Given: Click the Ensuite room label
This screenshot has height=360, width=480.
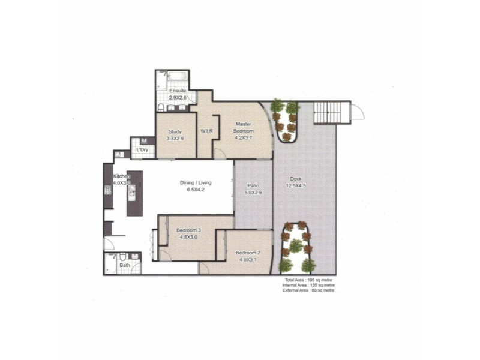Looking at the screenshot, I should point(178,91).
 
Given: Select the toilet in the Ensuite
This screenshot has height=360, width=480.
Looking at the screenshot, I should point(161,107).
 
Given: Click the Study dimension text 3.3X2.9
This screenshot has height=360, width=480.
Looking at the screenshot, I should point(175,138).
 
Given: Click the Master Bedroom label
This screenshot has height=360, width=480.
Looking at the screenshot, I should point(244,127).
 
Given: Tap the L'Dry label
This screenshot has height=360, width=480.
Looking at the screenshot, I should point(142,149).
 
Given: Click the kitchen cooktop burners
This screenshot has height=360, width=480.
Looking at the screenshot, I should point(108,192).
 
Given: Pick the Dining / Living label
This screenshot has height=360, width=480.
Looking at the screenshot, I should point(196,183).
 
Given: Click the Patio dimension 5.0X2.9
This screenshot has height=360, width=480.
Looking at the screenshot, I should point(253,193).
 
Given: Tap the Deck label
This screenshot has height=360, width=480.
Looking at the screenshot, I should point(295,178).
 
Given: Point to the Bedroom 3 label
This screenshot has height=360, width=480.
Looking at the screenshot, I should point(188,230).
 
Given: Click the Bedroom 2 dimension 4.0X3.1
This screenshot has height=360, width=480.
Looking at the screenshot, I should point(247,260).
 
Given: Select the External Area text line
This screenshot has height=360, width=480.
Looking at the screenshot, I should point(308,290).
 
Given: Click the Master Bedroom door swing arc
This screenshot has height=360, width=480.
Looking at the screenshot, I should point(220,153).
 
